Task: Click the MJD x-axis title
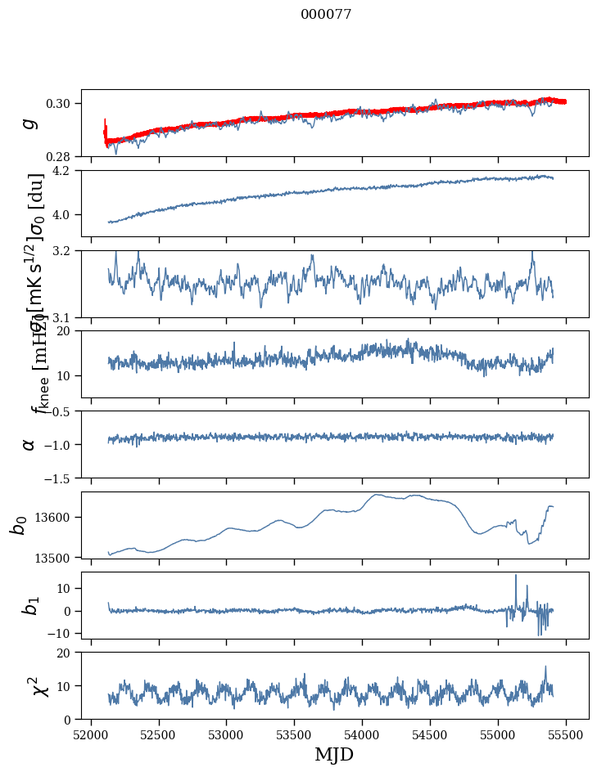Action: (334, 754)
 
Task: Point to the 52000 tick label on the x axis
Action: (91, 734)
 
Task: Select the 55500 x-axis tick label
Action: (567, 734)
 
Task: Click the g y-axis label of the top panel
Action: (29, 123)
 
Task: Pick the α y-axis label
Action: (29, 444)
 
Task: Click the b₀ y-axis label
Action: (18, 524)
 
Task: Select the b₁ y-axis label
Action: (29, 604)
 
